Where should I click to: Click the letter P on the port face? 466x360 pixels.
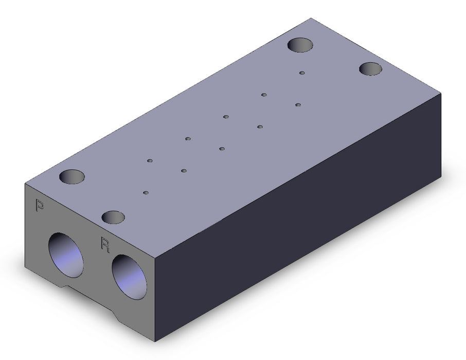click(40, 205)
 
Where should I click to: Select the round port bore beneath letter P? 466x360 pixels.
click(66, 255)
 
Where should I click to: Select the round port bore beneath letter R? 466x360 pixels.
click(129, 277)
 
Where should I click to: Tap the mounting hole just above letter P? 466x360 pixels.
click(72, 176)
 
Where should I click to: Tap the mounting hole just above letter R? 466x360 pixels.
click(113, 218)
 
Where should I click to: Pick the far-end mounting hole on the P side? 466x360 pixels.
click(300, 45)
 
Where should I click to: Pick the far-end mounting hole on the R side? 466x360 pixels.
click(370, 69)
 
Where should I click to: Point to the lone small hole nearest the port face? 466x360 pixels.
click(146, 193)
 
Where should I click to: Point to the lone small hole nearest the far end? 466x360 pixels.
click(302, 73)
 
